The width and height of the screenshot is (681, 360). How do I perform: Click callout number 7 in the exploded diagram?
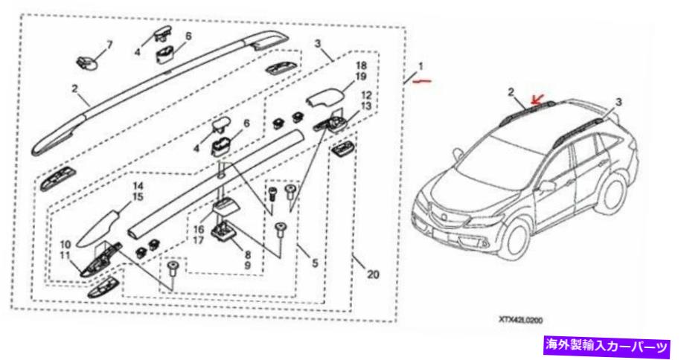[x=109, y=45]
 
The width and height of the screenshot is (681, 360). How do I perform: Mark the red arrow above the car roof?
[x=536, y=98]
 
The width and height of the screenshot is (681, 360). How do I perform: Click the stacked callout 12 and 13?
[x=365, y=100]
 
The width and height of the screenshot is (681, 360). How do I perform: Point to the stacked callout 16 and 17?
[x=198, y=235]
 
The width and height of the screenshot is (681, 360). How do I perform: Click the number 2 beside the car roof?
[x=511, y=92]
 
